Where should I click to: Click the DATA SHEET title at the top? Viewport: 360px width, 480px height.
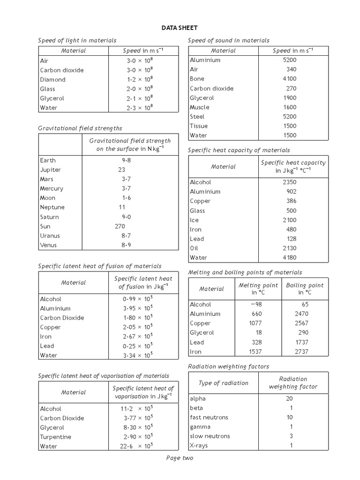coord(180,28)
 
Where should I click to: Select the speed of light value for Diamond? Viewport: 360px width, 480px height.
coord(140,80)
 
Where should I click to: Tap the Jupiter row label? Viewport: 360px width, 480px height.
coord(50,170)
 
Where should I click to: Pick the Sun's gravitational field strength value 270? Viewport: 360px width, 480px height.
coord(120,226)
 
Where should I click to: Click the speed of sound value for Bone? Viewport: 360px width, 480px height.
coord(290,79)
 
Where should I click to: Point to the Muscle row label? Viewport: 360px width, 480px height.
coord(200,107)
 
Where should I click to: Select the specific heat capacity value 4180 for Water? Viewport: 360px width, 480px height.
coord(290,257)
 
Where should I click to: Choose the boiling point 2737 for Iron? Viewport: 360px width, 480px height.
coord(301,352)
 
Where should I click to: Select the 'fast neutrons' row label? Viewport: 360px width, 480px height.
coord(209,417)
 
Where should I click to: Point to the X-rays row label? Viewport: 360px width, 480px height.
coord(199,445)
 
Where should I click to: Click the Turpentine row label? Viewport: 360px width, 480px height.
coord(56,437)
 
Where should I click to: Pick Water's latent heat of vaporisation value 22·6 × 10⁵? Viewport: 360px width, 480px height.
coord(136,446)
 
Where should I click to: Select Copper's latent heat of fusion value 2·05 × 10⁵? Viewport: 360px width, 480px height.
coord(137,327)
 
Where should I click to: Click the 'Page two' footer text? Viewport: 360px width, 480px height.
coord(180,458)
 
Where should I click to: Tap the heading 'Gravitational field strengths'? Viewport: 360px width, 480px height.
coord(80,128)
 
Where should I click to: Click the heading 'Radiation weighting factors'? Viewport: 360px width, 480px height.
coord(228,366)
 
